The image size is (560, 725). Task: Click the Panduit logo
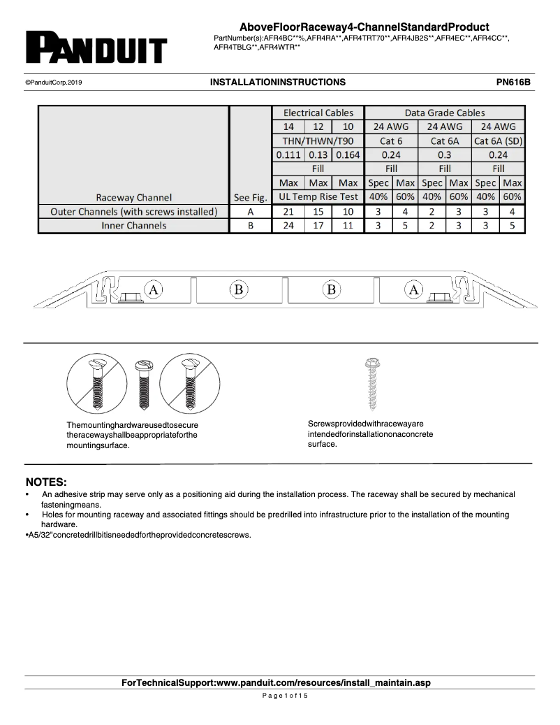pos(96,48)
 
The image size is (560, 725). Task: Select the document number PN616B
pos(513,82)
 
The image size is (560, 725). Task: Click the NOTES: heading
pos(46,482)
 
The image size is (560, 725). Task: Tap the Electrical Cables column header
pos(318,113)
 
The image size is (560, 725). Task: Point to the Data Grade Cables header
pos(444,113)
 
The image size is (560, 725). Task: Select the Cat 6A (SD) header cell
pos(499,141)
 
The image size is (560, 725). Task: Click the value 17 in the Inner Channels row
pos(318,225)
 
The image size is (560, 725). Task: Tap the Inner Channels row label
pos(133,225)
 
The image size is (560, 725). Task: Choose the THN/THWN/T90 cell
pos(318,141)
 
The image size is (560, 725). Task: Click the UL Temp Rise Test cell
pos(318,197)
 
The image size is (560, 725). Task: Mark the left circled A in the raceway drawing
pos(154,289)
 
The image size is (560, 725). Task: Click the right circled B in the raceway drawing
pos(332,289)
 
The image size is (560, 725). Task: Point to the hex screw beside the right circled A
pos(438,297)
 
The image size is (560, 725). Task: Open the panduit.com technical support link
pos(280,682)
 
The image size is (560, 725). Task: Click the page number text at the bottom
pos(280,696)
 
